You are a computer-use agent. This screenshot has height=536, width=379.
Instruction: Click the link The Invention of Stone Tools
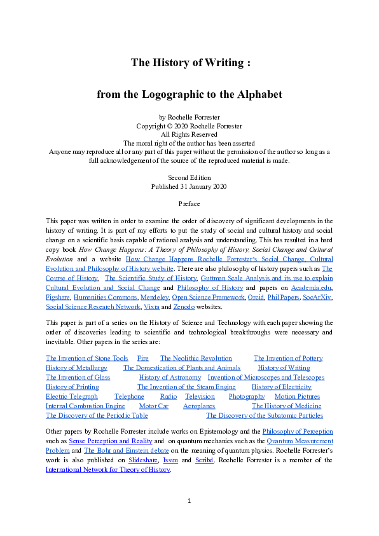click(87, 359)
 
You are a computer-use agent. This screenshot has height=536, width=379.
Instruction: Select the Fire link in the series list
click(143, 359)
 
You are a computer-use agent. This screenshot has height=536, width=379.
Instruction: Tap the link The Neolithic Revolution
click(196, 359)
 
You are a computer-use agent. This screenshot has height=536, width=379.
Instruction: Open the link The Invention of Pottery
click(288, 359)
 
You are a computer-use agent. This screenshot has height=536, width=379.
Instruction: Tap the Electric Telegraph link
click(72, 397)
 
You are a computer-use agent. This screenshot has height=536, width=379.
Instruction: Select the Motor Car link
click(153, 406)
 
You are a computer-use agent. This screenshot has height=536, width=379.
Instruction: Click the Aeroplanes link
click(199, 406)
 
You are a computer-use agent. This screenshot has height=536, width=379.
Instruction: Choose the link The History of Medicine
click(287, 406)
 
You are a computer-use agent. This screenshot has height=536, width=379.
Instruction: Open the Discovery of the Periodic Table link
click(97, 416)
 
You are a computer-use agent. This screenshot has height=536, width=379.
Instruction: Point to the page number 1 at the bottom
click(190, 502)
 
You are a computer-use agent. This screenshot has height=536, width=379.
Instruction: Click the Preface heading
click(190, 204)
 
